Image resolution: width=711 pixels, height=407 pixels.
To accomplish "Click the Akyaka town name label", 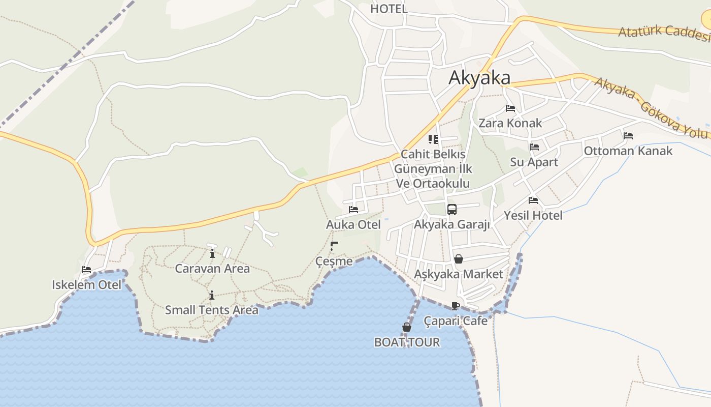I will click(479, 78).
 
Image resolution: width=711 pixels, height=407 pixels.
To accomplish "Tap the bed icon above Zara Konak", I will click(510, 108).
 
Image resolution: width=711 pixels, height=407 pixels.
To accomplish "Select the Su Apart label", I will click(534, 162).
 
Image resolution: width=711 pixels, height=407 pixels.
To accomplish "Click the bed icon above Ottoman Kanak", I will click(628, 136).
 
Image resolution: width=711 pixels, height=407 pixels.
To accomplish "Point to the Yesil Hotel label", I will click(533, 215).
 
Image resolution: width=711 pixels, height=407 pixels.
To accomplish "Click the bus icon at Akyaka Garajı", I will click(451, 209).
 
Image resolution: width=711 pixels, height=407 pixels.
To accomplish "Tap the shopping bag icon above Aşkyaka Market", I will click(459, 259).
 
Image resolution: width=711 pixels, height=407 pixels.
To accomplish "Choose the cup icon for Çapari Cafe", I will click(456, 306).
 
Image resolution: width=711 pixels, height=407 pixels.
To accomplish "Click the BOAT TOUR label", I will click(407, 342).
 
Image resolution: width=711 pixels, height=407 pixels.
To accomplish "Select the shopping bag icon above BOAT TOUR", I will click(407, 327).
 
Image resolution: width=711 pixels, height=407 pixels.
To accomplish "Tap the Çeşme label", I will click(334, 261).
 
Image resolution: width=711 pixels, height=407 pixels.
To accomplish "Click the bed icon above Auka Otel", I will click(353, 209).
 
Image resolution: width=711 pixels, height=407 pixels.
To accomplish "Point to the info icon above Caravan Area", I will click(212, 253).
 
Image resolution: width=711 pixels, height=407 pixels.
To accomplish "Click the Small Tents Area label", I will click(211, 310).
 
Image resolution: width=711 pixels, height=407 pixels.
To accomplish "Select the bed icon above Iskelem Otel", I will click(86, 270).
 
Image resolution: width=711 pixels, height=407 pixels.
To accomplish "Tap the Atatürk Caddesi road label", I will click(663, 33).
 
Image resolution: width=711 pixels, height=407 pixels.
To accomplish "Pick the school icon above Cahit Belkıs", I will click(433, 139).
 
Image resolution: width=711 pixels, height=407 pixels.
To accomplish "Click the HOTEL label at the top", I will click(389, 9).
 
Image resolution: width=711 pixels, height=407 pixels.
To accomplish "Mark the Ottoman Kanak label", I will click(628, 151).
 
